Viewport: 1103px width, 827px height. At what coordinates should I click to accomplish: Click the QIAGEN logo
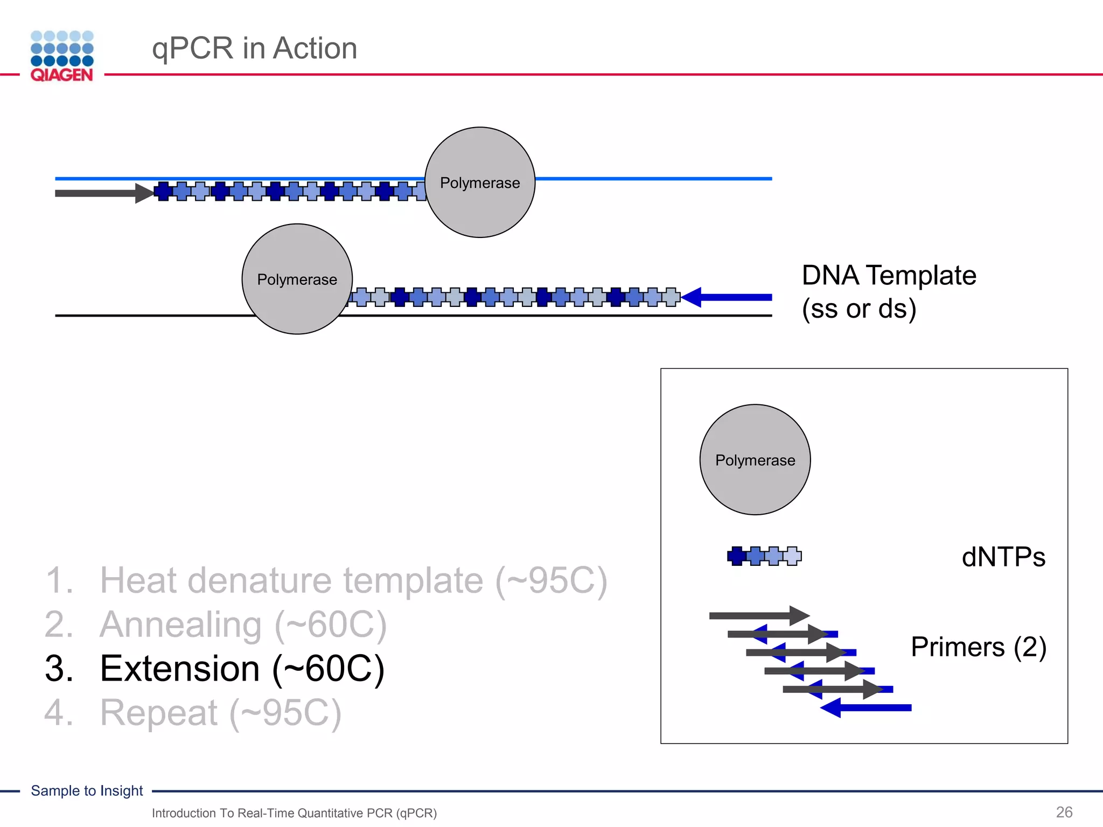click(x=62, y=56)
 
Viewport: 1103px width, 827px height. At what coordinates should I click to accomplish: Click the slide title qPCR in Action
click(x=254, y=48)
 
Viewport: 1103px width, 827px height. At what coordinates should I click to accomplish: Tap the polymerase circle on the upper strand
click(x=480, y=183)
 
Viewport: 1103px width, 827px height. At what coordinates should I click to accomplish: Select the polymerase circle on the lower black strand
click(x=297, y=279)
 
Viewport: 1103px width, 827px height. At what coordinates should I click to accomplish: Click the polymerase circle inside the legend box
click(x=755, y=460)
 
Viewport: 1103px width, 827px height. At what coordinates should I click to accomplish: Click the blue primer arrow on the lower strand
click(x=727, y=297)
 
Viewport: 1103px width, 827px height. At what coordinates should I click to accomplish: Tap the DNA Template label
click(x=889, y=291)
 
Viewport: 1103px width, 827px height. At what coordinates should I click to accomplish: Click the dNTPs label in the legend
click(x=1003, y=557)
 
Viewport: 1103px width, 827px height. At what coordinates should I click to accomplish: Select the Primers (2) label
click(x=978, y=647)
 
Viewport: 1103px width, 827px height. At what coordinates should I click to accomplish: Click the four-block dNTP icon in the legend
click(x=764, y=556)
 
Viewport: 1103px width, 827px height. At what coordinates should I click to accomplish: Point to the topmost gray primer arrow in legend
click(x=758, y=615)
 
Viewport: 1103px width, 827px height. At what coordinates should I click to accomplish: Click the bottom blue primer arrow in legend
click(x=867, y=707)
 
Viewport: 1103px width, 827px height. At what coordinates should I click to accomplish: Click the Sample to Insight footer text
click(x=87, y=790)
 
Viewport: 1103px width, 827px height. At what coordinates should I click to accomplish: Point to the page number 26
click(x=1064, y=812)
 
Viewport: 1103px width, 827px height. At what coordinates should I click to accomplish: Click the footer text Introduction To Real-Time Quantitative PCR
click(x=294, y=813)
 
